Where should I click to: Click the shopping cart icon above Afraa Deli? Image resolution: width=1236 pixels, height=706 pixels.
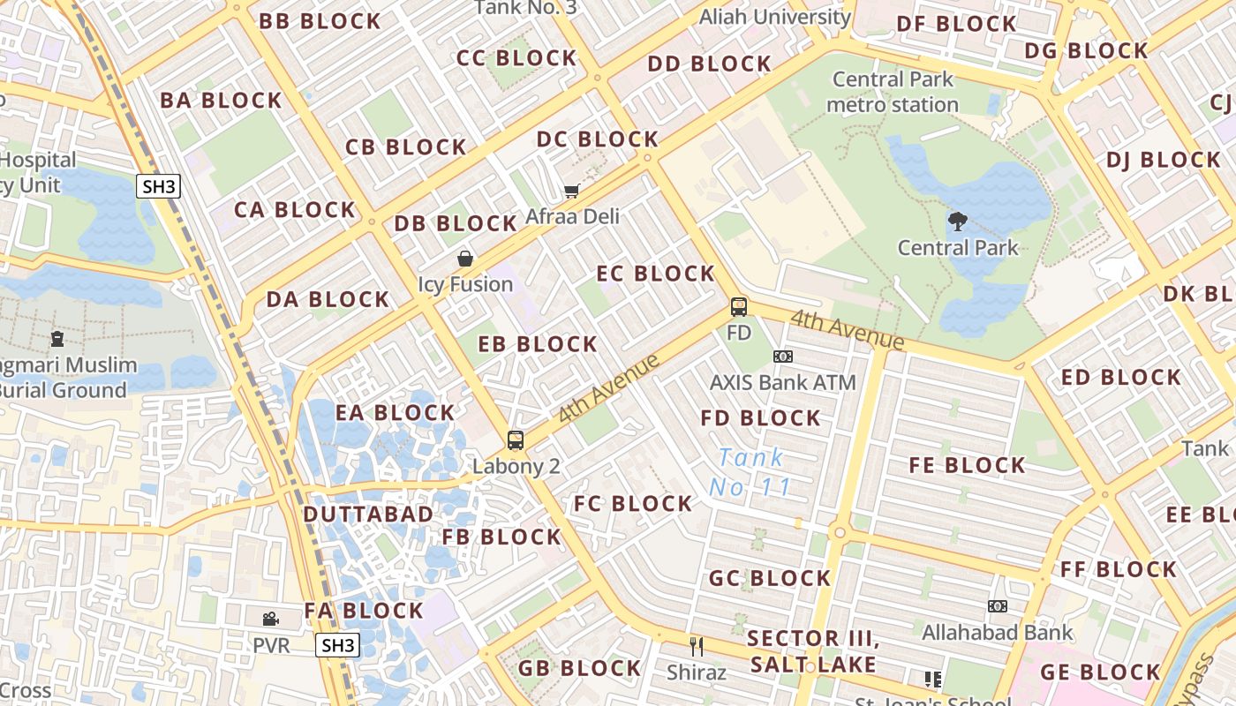pos(572,191)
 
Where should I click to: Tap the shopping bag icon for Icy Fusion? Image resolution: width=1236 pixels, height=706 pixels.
pos(465,259)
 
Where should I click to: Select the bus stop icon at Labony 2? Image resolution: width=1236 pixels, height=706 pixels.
pos(516,439)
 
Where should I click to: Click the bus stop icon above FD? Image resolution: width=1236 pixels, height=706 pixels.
pos(739,307)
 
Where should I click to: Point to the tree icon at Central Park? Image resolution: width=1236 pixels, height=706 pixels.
pos(958,222)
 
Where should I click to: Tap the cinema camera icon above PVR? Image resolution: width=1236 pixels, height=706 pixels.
pos(271,620)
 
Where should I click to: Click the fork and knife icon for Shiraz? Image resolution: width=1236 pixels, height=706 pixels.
pos(697,647)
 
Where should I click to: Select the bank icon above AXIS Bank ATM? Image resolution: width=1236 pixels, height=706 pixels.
pos(783,357)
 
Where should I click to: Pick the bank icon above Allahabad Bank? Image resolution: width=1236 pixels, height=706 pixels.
pos(998,606)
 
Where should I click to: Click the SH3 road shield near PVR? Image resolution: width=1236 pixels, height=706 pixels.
pos(337,645)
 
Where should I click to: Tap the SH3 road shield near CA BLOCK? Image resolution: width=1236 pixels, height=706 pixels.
pos(159,185)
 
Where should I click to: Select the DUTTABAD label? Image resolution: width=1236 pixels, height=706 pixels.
pos(368,514)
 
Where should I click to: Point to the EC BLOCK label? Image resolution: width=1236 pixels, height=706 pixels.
pos(655,274)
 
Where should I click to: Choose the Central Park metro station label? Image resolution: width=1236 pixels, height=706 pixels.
pos(893,92)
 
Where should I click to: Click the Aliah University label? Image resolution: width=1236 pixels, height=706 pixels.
pos(775,16)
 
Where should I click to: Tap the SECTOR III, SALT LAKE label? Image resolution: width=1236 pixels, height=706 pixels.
pos(813,651)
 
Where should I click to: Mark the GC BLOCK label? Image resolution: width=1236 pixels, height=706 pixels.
pos(770,578)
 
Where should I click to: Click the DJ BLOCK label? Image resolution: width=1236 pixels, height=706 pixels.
pos(1163,161)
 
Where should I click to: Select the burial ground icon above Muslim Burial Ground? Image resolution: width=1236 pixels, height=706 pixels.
pos(57,338)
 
